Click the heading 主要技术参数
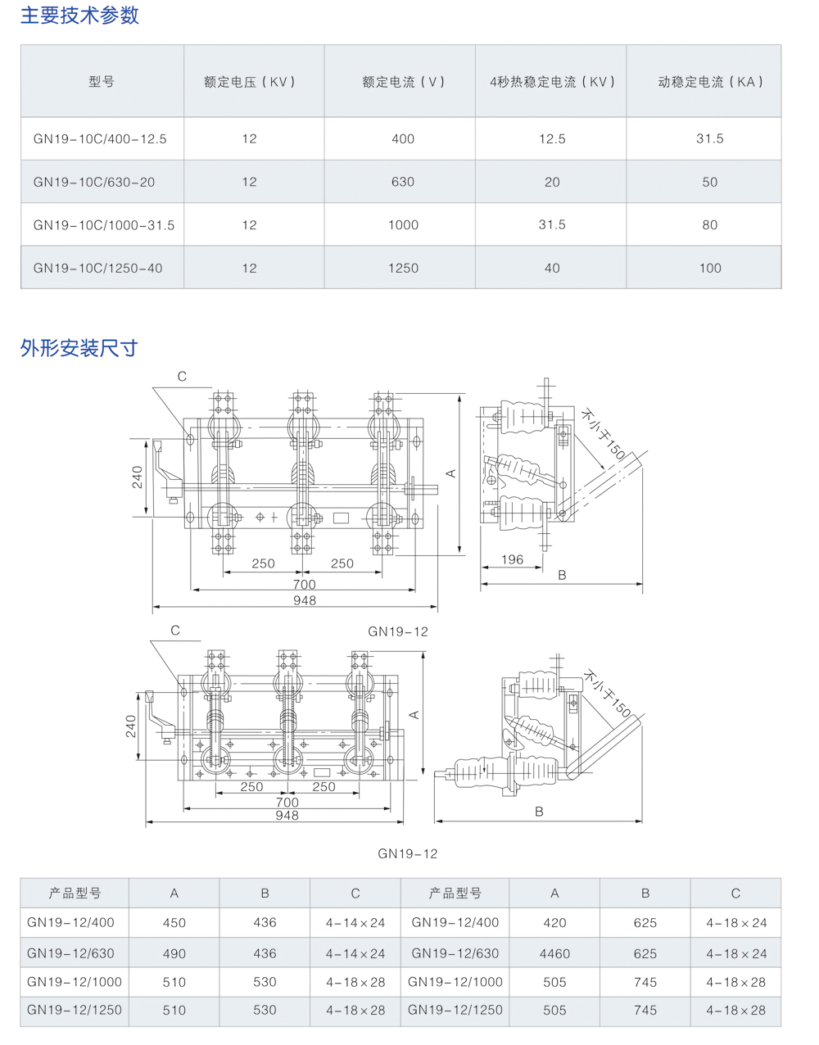(79, 15)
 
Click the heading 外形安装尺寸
(79, 348)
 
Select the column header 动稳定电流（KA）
(710, 82)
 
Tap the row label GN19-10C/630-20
(94, 183)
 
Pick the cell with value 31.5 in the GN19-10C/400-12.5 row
(710, 138)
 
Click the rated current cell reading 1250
(403, 268)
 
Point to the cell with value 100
(710, 268)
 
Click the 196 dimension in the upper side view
(512, 559)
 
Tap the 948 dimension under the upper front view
(305, 600)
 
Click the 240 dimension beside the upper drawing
(138, 477)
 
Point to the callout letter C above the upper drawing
(182, 377)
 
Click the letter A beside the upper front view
(451, 473)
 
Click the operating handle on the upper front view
(167, 471)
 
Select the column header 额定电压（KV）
(249, 82)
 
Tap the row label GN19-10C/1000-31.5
(104, 225)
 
